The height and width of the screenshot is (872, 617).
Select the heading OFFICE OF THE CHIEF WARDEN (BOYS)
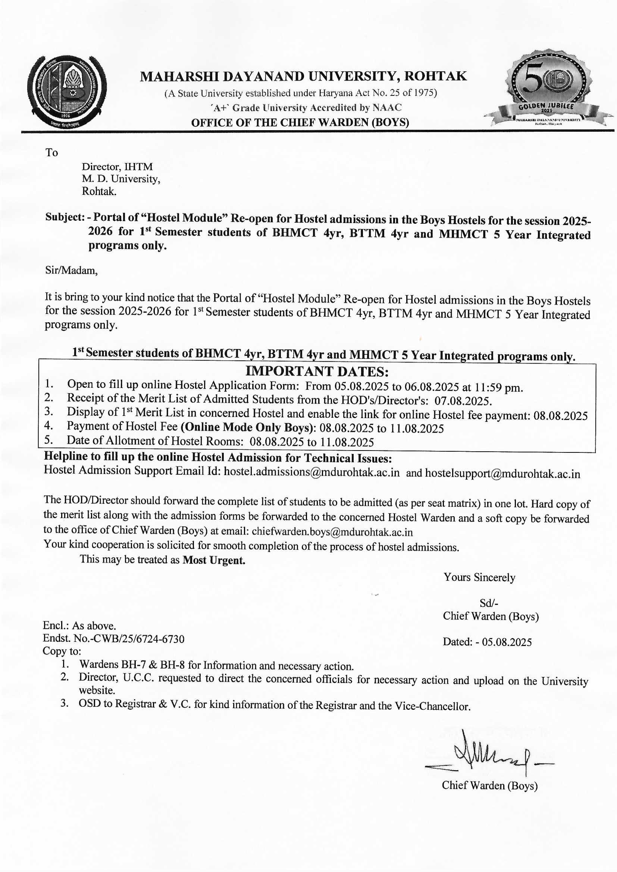click(300, 123)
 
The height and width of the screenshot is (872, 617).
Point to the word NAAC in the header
click(387, 108)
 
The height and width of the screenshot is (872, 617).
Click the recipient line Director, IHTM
click(117, 166)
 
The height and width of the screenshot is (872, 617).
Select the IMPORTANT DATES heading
click(317, 371)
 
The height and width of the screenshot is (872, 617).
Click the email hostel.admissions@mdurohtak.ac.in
click(311, 473)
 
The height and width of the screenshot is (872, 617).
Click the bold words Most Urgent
click(213, 560)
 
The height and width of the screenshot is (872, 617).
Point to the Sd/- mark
click(489, 603)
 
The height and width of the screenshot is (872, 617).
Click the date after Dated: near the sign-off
click(507, 642)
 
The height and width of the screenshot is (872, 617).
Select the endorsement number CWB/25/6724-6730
click(137, 639)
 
